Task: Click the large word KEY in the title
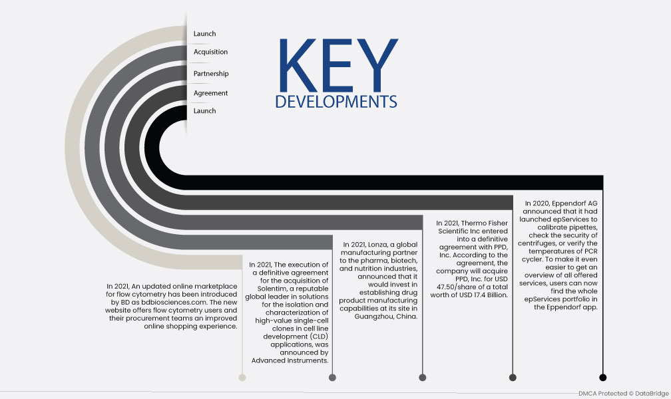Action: click(338, 65)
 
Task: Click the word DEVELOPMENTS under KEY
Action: click(336, 102)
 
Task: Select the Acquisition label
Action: click(210, 52)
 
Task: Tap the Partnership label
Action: click(211, 74)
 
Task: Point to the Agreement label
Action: click(210, 93)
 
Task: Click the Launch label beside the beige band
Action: click(204, 33)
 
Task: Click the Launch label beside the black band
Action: click(204, 111)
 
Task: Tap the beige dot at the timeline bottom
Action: click(242, 377)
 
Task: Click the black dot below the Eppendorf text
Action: click(603, 377)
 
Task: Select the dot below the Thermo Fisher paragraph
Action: click(513, 377)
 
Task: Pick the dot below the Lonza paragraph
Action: click(422, 377)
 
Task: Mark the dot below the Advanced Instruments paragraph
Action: click(332, 377)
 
